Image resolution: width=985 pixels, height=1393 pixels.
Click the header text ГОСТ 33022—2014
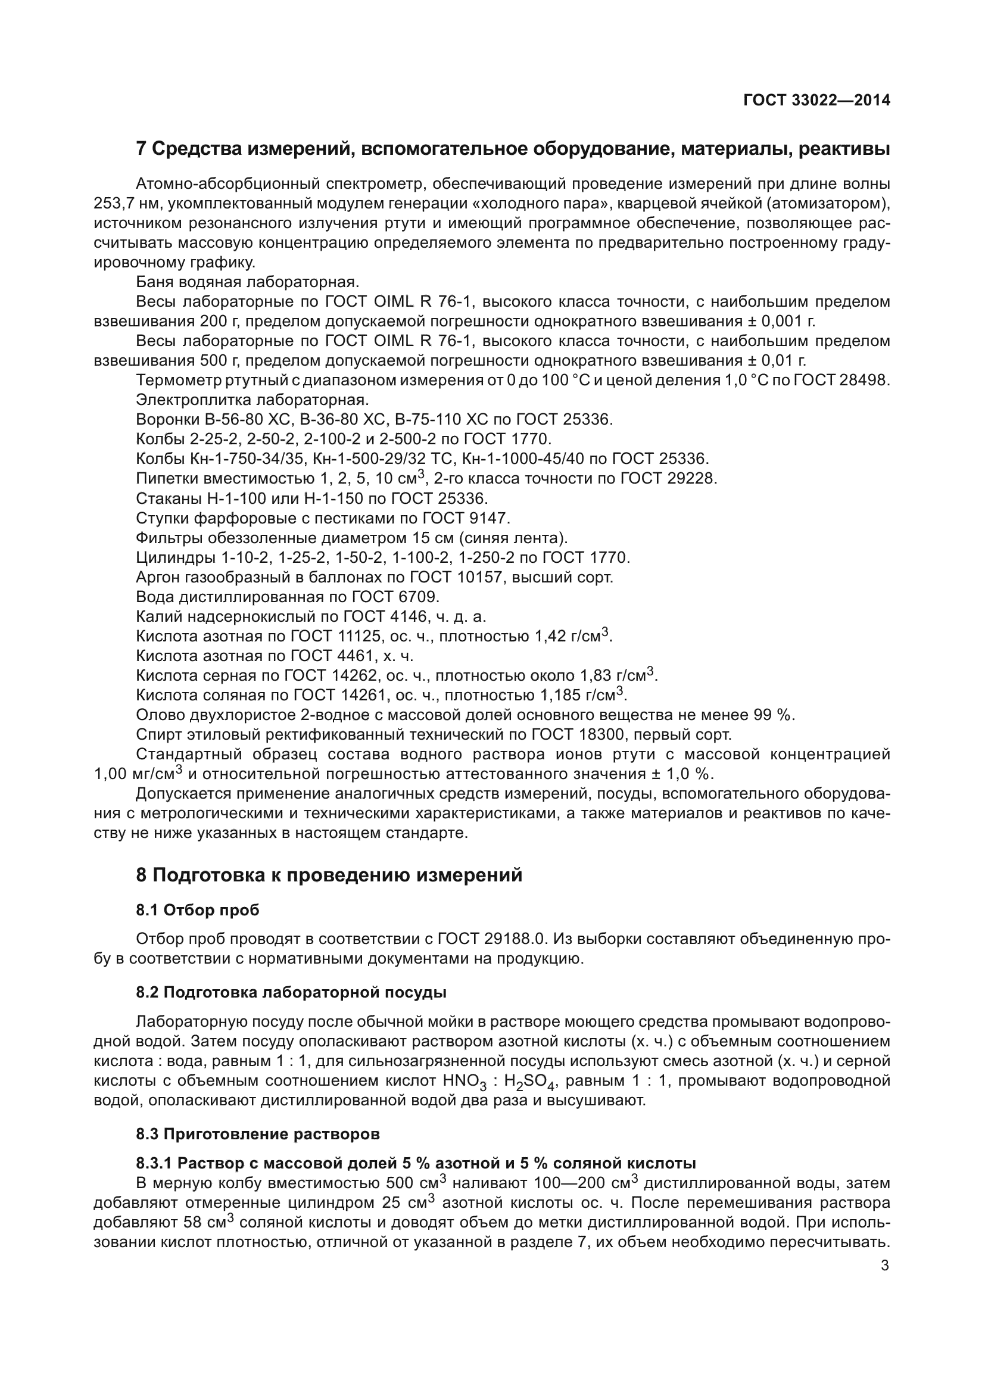tap(816, 101)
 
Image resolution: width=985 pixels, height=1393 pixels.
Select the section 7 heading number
tap(141, 149)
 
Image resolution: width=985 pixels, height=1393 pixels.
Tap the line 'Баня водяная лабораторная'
tap(248, 282)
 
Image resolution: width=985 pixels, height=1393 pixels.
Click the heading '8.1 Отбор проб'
tap(197, 910)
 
